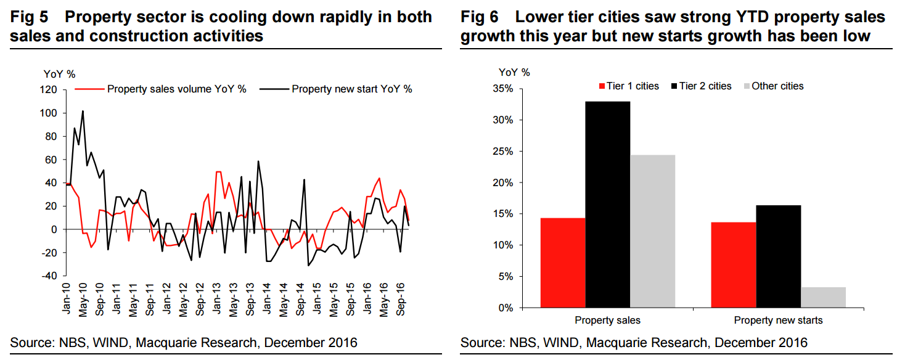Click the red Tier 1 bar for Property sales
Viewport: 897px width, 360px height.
[x=563, y=263]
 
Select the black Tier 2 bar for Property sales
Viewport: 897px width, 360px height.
[x=608, y=205]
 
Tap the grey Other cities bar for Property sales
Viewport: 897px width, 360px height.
[x=653, y=231]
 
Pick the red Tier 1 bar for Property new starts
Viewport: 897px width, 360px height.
[x=734, y=265]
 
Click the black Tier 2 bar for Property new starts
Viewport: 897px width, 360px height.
[x=779, y=256]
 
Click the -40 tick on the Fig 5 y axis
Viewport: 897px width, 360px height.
[x=49, y=276]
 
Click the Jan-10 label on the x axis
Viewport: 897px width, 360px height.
[x=67, y=299]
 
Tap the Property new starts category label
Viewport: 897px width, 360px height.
[x=778, y=321]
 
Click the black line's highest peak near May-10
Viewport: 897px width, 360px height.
[x=83, y=112]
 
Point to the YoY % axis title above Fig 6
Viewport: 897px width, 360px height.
[x=514, y=72]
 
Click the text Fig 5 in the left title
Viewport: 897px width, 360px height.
[x=28, y=17]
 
